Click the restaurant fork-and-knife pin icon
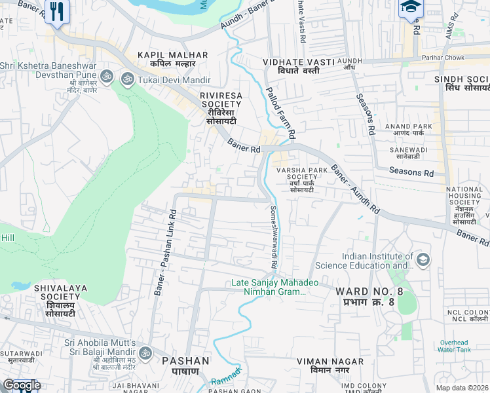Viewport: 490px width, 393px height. pos(57,11)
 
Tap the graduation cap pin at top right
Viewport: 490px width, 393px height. pos(411,8)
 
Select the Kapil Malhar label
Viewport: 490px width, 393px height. pos(172,60)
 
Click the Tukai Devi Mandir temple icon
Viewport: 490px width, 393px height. pos(126,78)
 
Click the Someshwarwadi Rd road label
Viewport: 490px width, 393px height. pos(273,237)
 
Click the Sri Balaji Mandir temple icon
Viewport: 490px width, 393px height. pos(146,353)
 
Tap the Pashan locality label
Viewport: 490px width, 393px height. pos(185,365)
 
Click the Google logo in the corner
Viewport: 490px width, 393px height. pos(22,385)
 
